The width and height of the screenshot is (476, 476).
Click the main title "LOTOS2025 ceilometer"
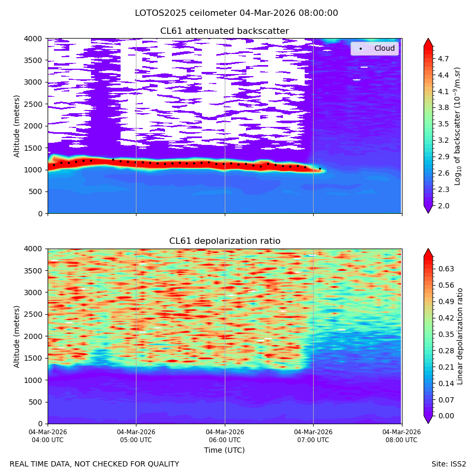pos(186,13)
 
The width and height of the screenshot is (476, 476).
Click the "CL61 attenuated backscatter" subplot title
pos(224,31)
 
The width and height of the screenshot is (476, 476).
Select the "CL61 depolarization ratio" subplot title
pos(225,241)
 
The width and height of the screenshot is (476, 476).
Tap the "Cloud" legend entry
pos(385,48)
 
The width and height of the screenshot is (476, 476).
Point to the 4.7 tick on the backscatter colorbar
pos(443,59)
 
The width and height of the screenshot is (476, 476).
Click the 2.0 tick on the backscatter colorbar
pos(443,206)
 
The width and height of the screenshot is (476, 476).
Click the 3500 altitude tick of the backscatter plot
pos(33,60)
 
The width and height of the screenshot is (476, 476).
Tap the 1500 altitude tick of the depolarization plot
pos(33,358)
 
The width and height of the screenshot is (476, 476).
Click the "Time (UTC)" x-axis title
pos(224,450)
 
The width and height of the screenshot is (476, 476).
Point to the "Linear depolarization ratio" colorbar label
pos(460,336)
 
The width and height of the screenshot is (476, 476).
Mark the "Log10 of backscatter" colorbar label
pos(457,126)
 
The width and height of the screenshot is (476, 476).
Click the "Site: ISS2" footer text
pos(448,464)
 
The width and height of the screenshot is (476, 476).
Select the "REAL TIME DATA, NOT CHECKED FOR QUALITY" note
pos(95,464)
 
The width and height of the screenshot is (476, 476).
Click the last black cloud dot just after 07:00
pos(320,169)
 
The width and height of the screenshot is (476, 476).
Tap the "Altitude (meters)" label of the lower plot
pos(17,337)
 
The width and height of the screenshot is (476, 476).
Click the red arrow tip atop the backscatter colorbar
pos(428,39)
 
